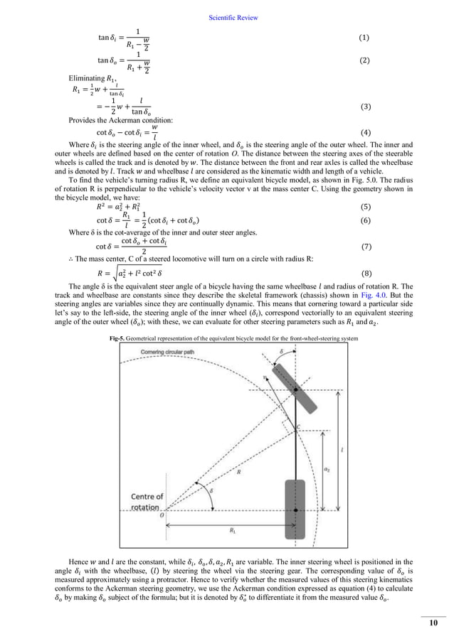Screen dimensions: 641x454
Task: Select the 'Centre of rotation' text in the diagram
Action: click(146, 502)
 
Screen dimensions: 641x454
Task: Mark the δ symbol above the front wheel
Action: click(281, 351)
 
